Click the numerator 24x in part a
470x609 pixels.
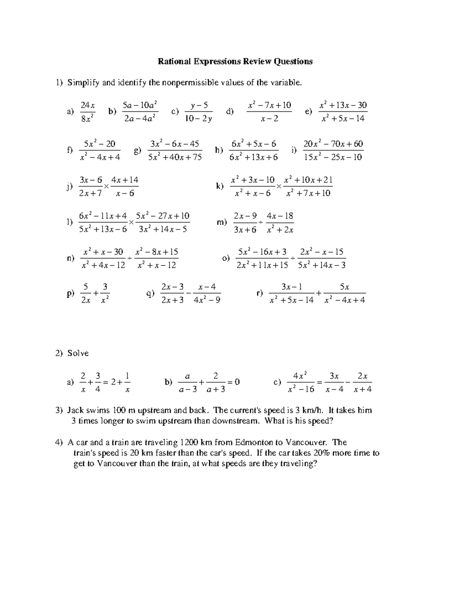click(87, 105)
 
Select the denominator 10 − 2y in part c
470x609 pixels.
click(199, 118)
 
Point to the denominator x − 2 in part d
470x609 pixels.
click(269, 118)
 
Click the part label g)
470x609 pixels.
click(137, 151)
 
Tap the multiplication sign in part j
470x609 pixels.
click(106, 187)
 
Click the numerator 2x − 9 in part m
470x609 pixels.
click(245, 216)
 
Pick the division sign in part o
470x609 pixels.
click(293, 258)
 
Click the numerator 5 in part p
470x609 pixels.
click(85, 287)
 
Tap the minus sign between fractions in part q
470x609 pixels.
click(189, 294)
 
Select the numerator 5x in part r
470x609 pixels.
click(345, 287)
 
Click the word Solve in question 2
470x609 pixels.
click(78, 353)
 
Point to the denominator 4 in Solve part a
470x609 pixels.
click(98, 390)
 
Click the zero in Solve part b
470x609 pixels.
click(237, 382)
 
